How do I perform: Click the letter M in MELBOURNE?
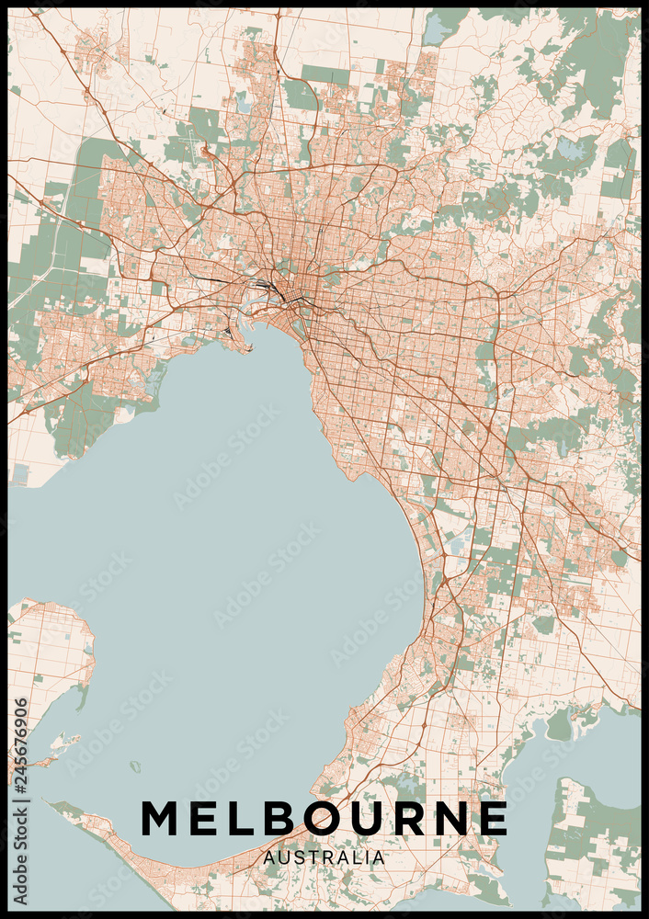point(161,818)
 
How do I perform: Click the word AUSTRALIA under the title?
point(324,857)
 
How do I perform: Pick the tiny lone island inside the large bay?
point(136,766)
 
